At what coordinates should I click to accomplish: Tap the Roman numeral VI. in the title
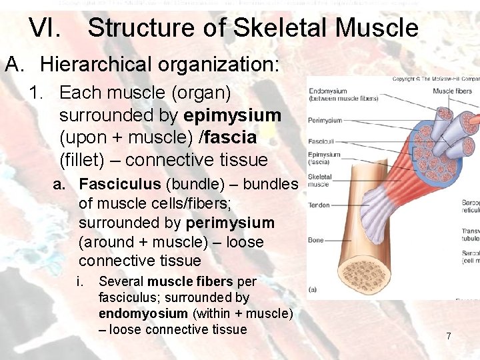pos(46,28)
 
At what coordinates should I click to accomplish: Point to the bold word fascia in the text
pos(232,138)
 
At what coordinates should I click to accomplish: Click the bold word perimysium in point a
pos(230,222)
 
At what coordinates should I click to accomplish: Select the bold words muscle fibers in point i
pos(191,282)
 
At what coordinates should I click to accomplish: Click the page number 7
pos(449,337)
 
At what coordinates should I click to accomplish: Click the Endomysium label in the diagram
pos(327,91)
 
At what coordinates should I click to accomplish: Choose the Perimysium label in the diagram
pos(325,121)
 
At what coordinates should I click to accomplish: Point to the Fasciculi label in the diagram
pos(321,141)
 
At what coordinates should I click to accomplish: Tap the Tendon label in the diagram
pos(319,205)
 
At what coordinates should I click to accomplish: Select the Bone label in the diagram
pos(316,239)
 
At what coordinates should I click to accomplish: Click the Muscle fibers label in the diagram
pos(453,91)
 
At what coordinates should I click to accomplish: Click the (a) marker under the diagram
pos(313,289)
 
